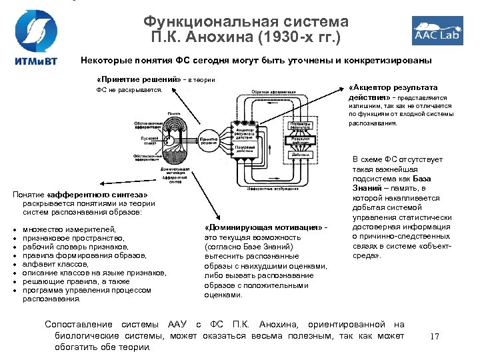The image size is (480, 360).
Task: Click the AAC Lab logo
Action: point(437,31)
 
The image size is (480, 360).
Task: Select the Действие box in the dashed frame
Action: point(301,155)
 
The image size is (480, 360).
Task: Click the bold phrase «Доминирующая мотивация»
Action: point(263,229)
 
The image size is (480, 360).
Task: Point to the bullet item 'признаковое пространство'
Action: point(73,238)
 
